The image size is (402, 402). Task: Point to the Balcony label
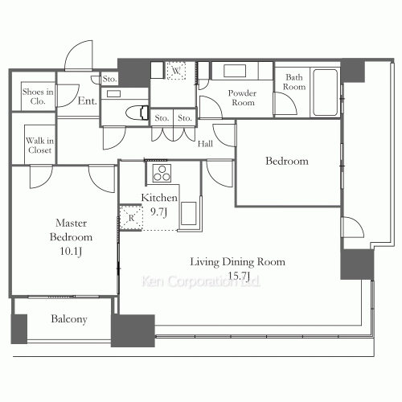point(69,319)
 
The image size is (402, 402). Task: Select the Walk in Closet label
point(39,144)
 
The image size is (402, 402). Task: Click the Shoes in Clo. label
point(37,97)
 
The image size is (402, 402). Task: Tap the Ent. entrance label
point(88,101)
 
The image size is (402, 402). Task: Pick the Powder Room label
point(242,97)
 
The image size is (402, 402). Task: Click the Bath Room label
point(294,81)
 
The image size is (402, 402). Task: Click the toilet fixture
point(138,111)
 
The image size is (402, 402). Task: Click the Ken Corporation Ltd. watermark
point(201,283)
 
